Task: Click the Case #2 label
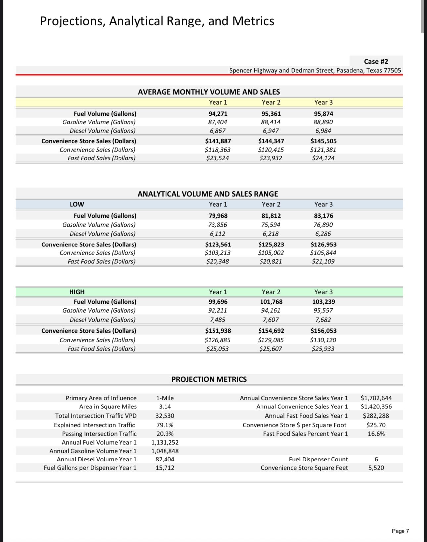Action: (376, 61)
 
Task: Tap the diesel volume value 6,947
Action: (271, 131)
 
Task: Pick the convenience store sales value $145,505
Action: (323, 141)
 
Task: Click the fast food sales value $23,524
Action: (217, 158)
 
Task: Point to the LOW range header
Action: (77, 204)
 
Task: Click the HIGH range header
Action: (77, 292)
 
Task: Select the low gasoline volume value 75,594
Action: (271, 225)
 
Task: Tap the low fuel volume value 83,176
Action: (323, 216)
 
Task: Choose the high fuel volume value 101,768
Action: (271, 302)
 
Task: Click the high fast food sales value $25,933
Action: (323, 349)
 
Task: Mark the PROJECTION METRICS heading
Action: (209, 379)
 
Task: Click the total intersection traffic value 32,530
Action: (165, 416)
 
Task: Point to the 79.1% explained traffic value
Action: (165, 425)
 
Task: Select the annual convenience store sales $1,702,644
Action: (376, 398)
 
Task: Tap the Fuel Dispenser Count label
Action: (318, 459)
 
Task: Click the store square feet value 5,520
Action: (376, 468)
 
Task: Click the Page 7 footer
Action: (400, 531)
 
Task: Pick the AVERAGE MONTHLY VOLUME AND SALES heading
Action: (209, 92)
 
